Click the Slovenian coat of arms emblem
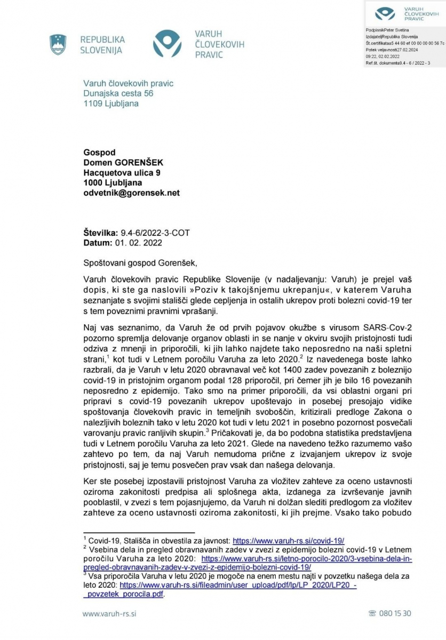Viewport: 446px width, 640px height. point(58,44)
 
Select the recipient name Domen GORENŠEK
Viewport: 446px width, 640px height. point(123,163)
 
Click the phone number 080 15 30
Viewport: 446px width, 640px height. point(394,613)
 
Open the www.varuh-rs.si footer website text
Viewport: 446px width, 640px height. point(110,614)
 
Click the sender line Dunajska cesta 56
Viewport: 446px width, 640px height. point(118,93)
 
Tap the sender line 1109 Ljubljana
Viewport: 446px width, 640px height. point(110,103)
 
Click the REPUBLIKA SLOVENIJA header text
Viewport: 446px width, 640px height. point(102,45)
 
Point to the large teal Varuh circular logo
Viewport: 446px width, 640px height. point(171,44)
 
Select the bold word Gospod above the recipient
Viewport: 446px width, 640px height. point(99,153)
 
